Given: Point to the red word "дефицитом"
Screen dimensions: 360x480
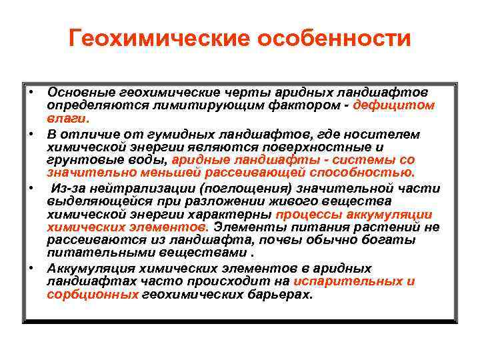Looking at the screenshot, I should [x=394, y=105].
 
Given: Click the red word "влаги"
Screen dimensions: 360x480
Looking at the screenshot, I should [x=66, y=119].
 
